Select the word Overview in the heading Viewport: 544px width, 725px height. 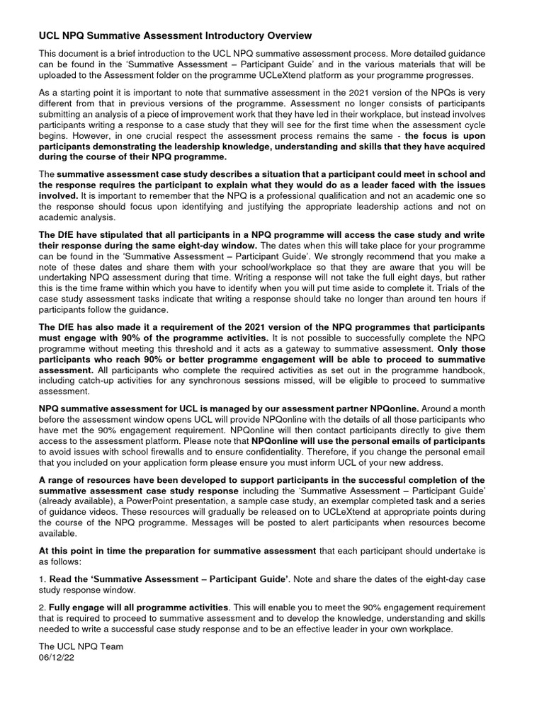tap(285, 35)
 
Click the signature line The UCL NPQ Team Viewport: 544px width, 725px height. tap(81, 646)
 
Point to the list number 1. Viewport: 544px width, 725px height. tap(41, 579)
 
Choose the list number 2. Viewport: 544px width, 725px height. tap(41, 607)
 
